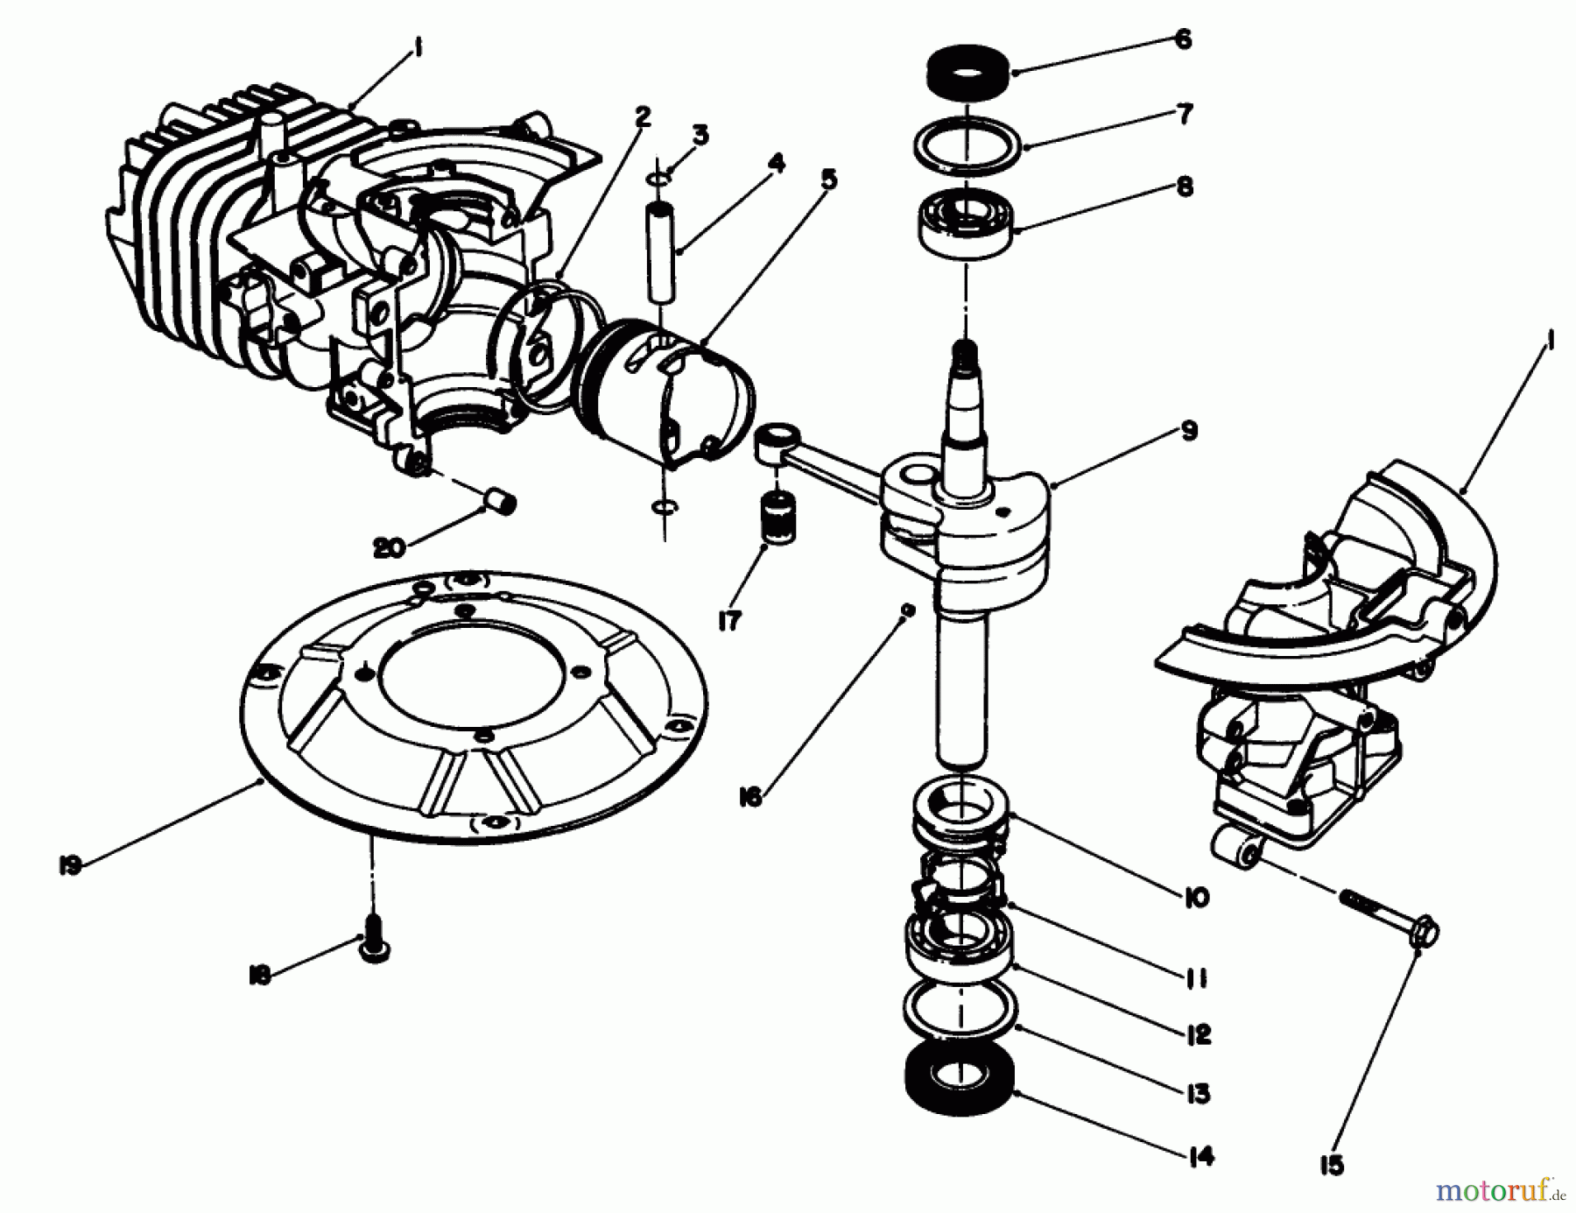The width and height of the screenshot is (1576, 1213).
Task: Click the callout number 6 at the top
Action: pos(1183,39)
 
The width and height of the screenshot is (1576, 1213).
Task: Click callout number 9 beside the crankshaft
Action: pos(1188,431)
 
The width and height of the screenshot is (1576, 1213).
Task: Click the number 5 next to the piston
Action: pos(828,180)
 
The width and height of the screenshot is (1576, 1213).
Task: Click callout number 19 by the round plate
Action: pos(71,865)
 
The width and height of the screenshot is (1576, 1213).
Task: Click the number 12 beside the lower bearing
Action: pos(1197,1034)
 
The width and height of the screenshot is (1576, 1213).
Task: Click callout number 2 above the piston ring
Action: pos(644,116)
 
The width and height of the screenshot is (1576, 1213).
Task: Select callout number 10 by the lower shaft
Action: pos(1195,898)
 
